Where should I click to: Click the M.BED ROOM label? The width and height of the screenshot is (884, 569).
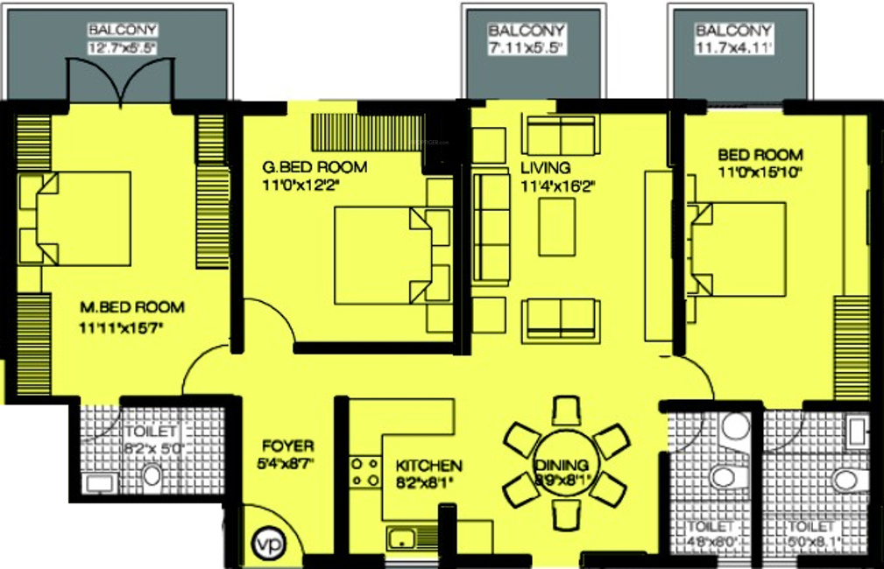click(132, 307)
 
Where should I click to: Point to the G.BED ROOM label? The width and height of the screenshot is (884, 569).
click(315, 166)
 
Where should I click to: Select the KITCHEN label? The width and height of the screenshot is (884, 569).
click(428, 466)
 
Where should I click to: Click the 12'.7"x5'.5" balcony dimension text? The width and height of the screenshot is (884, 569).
click(122, 48)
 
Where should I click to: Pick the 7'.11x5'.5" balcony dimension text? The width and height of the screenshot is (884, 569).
click(527, 49)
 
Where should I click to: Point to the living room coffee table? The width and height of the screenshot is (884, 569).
click(556, 227)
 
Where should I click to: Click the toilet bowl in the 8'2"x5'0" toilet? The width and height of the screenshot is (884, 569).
click(152, 475)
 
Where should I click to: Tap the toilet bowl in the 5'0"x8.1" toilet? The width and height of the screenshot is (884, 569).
click(845, 479)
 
